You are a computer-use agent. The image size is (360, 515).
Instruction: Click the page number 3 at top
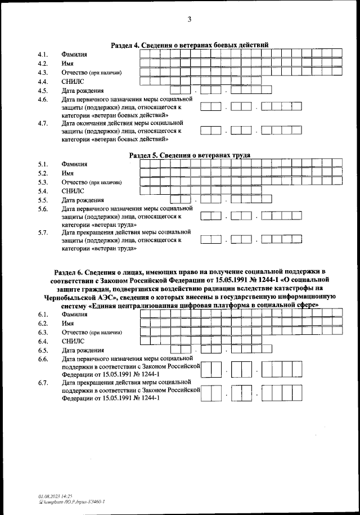point(190,20)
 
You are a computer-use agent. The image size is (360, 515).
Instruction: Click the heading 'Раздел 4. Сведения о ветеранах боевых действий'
point(190,44)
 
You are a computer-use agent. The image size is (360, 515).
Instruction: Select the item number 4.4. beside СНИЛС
point(42,82)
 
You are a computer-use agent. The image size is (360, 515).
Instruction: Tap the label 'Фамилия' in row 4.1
point(75,54)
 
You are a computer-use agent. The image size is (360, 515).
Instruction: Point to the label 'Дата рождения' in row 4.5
point(83,91)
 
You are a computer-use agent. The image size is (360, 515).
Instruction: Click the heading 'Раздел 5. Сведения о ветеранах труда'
point(190,155)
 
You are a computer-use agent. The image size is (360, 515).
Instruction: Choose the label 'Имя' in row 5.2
point(68,173)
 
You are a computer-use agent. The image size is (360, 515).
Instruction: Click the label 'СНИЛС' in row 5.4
point(73,191)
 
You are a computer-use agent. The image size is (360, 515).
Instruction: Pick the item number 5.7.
point(42,232)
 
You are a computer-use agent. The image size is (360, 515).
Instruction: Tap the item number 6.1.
point(42,314)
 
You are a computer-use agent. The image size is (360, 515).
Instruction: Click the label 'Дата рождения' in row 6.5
point(83,350)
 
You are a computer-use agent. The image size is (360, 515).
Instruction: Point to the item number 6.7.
point(42,383)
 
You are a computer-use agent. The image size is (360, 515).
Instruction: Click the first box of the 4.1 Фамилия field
point(145,53)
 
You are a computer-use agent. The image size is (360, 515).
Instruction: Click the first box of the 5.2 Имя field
point(145,173)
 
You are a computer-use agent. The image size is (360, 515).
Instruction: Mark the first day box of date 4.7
point(207,131)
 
